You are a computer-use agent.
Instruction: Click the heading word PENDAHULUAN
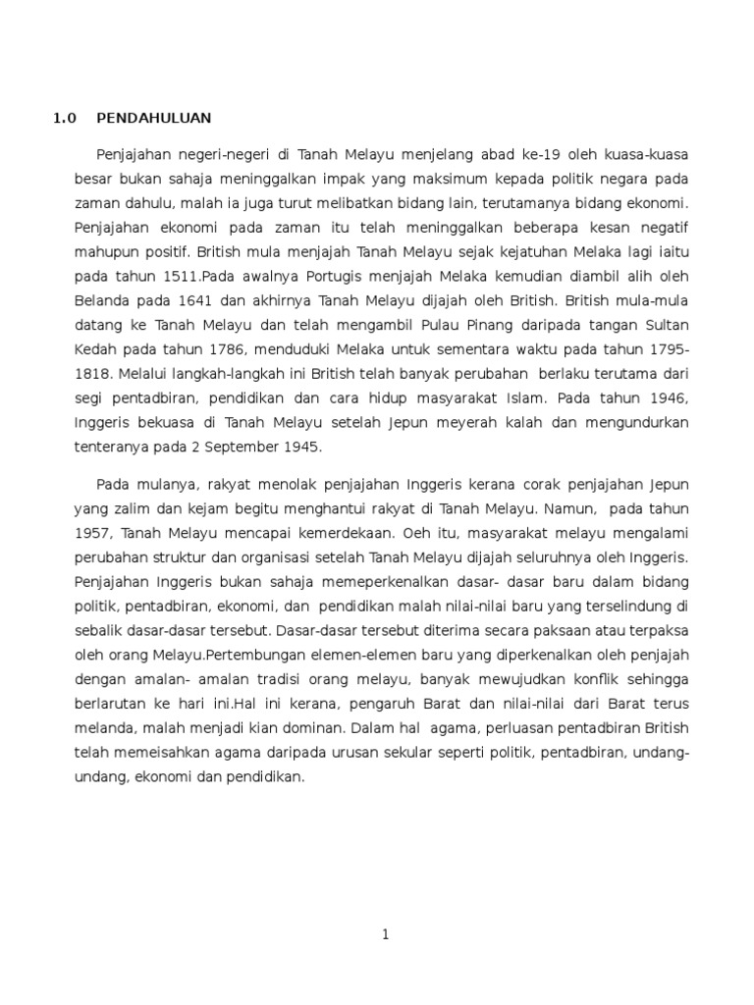tap(153, 119)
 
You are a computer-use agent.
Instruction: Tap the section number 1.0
tap(63, 119)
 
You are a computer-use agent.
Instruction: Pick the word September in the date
tap(242, 446)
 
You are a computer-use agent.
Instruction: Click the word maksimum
tap(462, 180)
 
